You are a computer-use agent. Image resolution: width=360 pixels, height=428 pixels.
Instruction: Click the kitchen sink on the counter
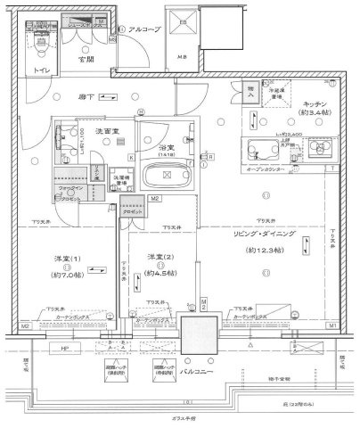tap(265, 150)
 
